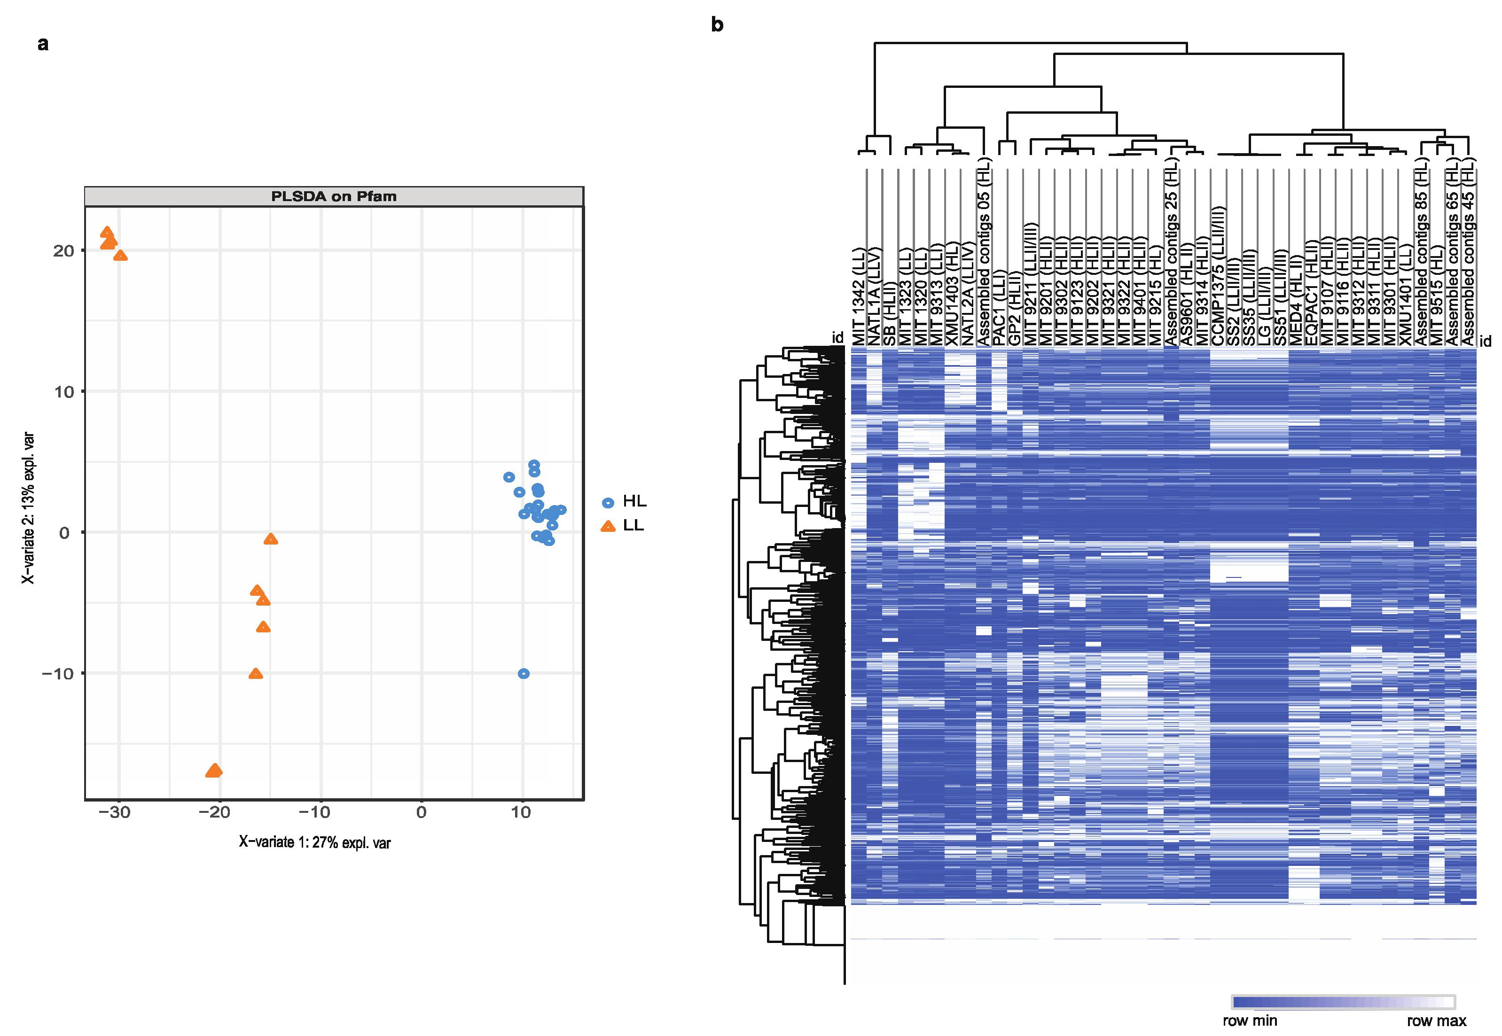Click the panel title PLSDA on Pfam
[333, 196]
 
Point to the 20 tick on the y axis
[63, 250]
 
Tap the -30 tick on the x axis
[114, 812]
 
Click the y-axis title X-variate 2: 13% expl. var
[28, 507]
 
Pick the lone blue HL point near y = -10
[523, 674]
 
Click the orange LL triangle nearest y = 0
[271, 539]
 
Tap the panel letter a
[43, 44]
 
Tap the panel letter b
[717, 24]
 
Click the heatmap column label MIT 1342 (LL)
[859, 296]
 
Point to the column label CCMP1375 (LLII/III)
[1218, 276]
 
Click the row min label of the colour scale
[1250, 1020]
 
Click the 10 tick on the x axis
[521, 812]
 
